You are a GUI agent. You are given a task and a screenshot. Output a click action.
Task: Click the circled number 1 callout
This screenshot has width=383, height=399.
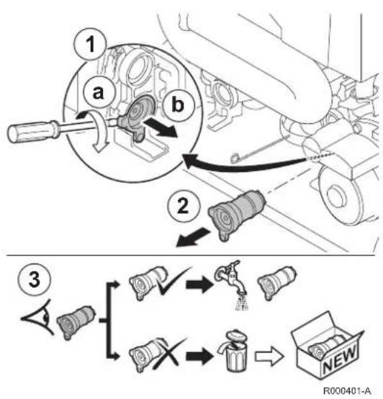(x=90, y=44)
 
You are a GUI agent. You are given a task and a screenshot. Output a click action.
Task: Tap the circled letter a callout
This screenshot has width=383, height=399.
(x=99, y=92)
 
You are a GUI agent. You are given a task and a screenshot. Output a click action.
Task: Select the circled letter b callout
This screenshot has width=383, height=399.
(x=178, y=104)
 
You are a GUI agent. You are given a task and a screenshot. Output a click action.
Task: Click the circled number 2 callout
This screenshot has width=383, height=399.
(x=184, y=205)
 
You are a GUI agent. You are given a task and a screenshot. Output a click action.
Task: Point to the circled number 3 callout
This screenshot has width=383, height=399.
(x=35, y=279)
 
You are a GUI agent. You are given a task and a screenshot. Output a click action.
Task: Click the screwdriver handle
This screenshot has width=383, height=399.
(x=33, y=131)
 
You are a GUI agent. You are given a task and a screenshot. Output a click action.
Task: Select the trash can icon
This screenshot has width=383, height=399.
(x=233, y=351)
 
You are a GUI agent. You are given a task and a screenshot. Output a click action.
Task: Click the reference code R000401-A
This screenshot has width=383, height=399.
(x=347, y=390)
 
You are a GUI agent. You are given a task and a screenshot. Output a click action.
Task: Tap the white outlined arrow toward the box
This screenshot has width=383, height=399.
(x=269, y=356)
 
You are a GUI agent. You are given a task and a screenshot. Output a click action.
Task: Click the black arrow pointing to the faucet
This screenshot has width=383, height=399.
(x=199, y=284)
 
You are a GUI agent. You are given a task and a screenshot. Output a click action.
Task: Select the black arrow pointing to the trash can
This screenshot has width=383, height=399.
(x=199, y=356)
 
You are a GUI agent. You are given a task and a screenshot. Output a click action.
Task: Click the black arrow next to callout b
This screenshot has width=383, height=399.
(x=161, y=127)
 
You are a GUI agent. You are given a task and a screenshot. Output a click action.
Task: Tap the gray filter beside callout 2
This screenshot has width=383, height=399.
(x=237, y=214)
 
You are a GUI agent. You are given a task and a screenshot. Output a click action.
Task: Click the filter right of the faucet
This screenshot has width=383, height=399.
(x=277, y=282)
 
